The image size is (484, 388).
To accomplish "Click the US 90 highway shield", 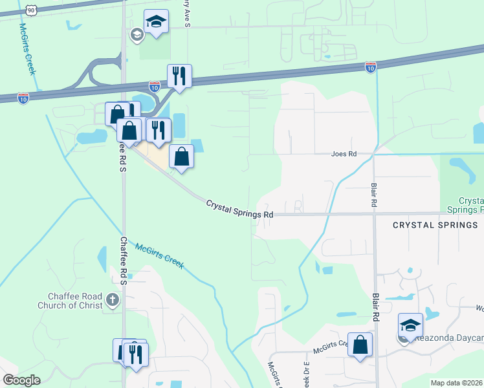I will click(32, 10).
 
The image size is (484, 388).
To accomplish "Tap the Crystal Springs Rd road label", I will click(239, 209).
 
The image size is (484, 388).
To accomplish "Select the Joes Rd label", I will click(344, 155).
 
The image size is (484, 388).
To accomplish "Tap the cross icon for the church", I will click(113, 299).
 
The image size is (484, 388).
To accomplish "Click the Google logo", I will click(21, 380).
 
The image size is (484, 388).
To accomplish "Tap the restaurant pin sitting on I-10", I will click(179, 76).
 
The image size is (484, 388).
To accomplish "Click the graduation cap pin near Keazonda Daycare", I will click(410, 325).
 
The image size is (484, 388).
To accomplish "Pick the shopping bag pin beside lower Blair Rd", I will click(360, 345).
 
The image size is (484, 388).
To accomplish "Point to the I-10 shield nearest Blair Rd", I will click(369, 67).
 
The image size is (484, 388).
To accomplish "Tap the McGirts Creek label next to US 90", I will click(27, 49).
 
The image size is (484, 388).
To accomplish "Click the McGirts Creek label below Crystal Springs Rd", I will click(159, 255).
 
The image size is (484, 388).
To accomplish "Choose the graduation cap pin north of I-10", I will click(156, 22).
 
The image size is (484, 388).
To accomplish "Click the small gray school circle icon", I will click(137, 35).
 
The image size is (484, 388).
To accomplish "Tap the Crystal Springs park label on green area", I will click(470, 206).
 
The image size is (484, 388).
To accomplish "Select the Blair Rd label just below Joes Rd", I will click(375, 193).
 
